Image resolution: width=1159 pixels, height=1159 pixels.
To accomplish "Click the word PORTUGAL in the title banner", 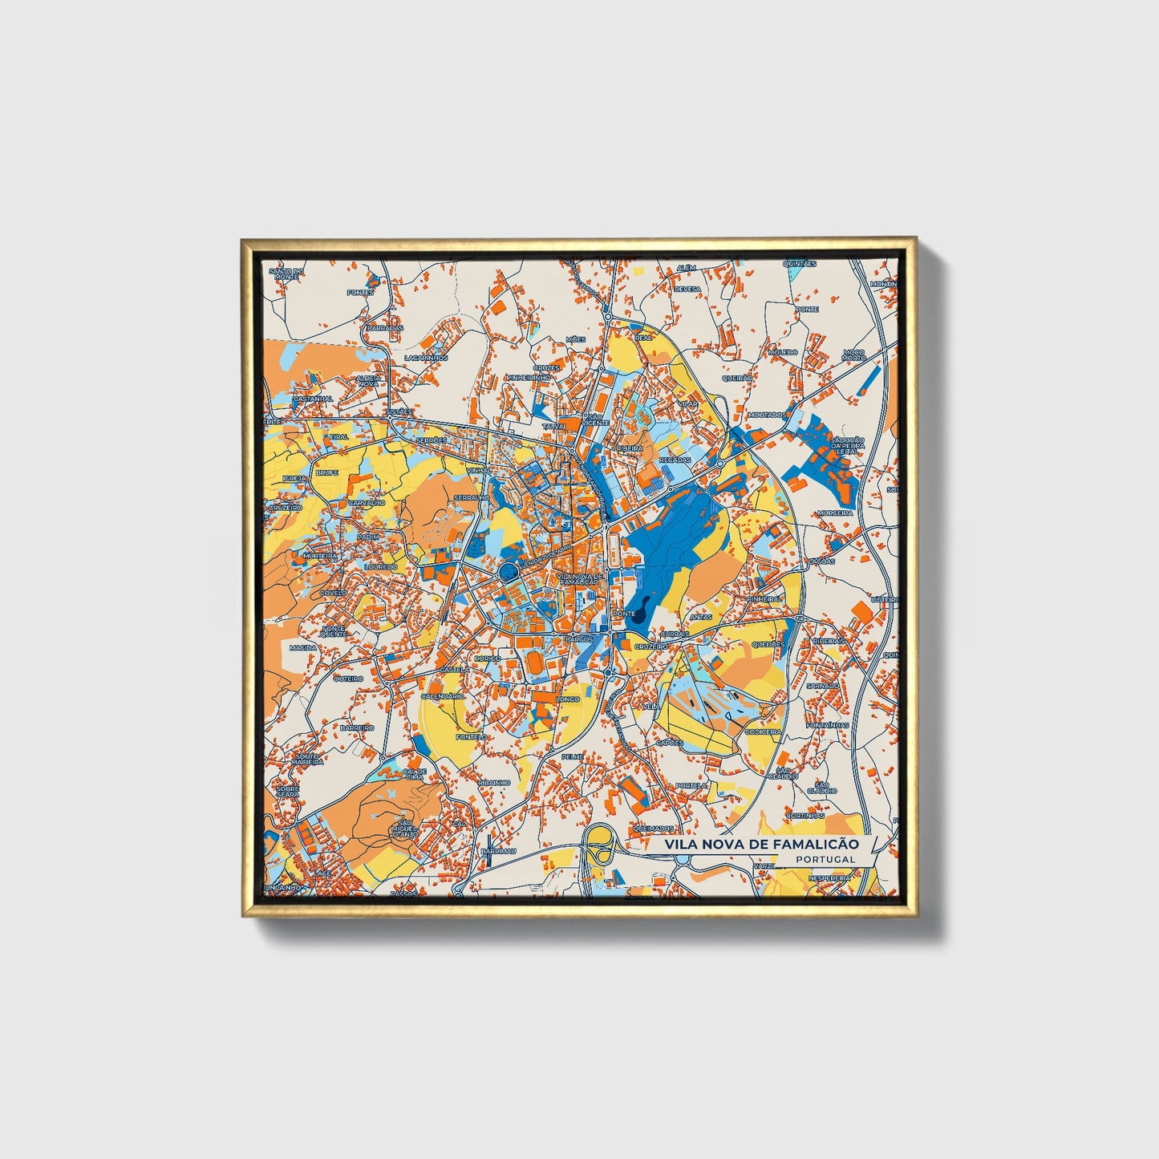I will coord(825,859).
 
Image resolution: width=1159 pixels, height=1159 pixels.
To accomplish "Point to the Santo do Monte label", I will coord(286,274).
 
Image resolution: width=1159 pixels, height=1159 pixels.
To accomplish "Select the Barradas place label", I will coord(385,328).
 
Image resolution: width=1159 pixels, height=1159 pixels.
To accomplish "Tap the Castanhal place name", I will coord(313,399).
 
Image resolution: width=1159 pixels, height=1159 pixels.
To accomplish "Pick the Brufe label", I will coord(326,473).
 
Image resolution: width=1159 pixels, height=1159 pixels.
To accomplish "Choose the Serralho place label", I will coord(471,498).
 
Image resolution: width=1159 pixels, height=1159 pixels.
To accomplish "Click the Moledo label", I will coord(783,352).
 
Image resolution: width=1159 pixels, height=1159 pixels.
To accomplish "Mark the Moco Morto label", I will coord(854,355).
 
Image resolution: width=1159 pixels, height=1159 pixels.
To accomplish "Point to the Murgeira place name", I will coord(835,513).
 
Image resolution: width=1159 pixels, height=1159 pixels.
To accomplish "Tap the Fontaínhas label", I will coord(828,725).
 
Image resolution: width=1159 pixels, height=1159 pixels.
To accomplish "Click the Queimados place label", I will coord(653,828).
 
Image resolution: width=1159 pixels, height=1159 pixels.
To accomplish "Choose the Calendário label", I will coord(442,696).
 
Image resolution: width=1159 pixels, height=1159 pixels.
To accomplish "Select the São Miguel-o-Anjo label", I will coord(404,829).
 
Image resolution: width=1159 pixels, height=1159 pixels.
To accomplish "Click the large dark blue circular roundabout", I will coord(508,571).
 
